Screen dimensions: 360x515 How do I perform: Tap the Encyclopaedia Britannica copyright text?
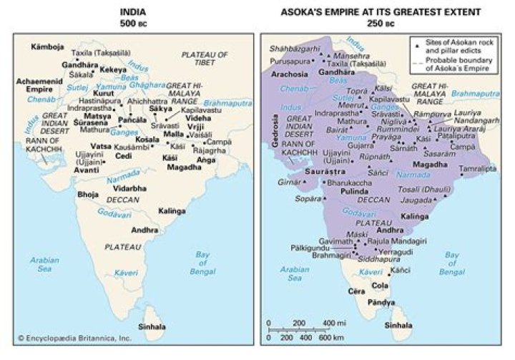[x=65, y=337]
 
